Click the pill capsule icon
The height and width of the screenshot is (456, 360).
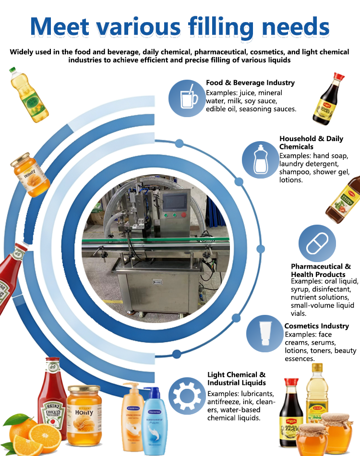point(317,243)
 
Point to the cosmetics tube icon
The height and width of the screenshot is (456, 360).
point(264,333)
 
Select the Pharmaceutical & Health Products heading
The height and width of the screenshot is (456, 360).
point(321,270)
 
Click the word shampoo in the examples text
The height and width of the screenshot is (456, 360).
point(295,172)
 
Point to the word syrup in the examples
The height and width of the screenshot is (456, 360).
point(300,290)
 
